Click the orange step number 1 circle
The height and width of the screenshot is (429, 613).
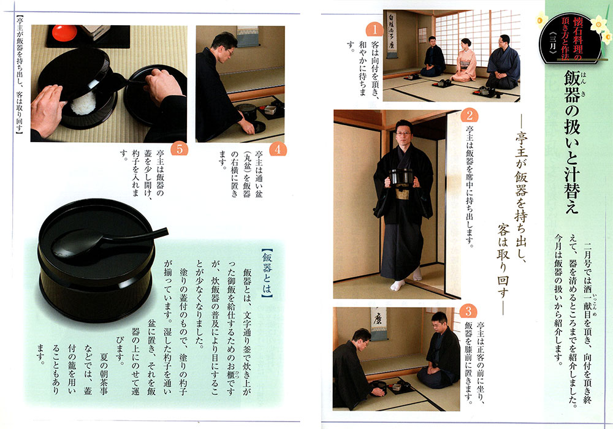375,30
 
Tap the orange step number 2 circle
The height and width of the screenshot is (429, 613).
470,115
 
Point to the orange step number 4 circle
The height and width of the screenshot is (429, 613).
278,150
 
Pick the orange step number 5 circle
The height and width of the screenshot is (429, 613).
180,150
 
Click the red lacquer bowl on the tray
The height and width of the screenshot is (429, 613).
64,33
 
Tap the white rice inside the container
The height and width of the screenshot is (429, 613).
83,104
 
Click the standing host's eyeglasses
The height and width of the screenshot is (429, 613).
403,134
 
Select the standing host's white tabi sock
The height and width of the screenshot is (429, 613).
398,285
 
